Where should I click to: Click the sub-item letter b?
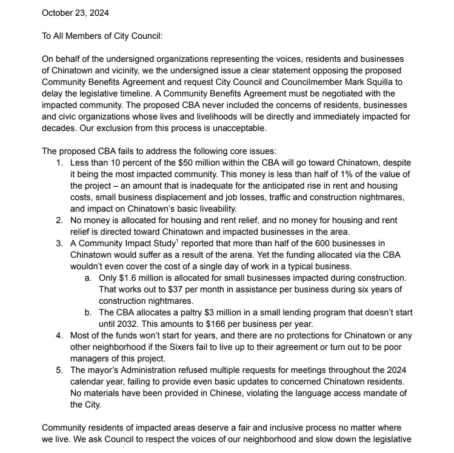click(x=88, y=312)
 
